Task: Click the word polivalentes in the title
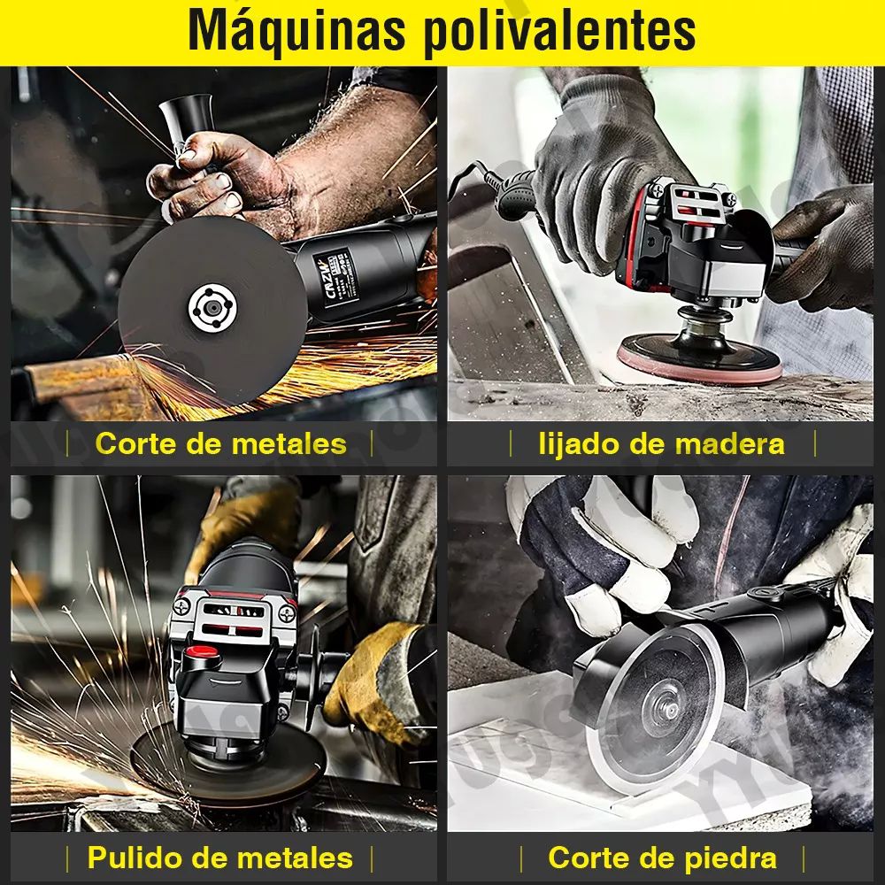click(558, 33)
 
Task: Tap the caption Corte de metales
click(220, 442)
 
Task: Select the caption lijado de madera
click(661, 442)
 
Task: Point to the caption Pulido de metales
click(219, 857)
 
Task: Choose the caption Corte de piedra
click(662, 857)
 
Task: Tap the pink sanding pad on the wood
click(699, 365)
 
